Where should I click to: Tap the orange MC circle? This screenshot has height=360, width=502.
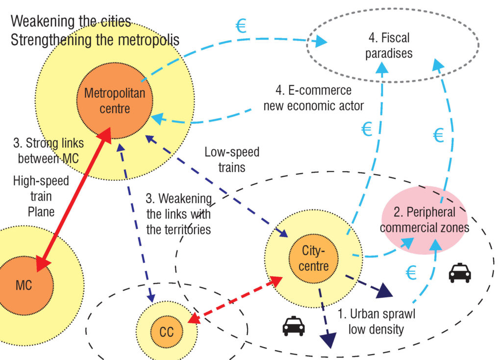click(x=24, y=284)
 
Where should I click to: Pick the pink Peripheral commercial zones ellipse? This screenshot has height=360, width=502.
click(x=425, y=220)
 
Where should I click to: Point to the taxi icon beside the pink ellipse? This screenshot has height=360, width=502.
click(x=460, y=273)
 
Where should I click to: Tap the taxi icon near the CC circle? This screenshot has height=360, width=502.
click(x=294, y=326)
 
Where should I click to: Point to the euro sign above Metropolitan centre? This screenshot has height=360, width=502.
click(x=241, y=26)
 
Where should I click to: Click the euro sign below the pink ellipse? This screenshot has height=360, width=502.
click(x=411, y=273)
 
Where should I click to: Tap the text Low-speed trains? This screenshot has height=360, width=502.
click(x=232, y=160)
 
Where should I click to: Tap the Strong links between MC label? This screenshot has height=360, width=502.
click(x=48, y=151)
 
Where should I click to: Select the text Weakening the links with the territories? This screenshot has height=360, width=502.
click(x=179, y=214)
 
